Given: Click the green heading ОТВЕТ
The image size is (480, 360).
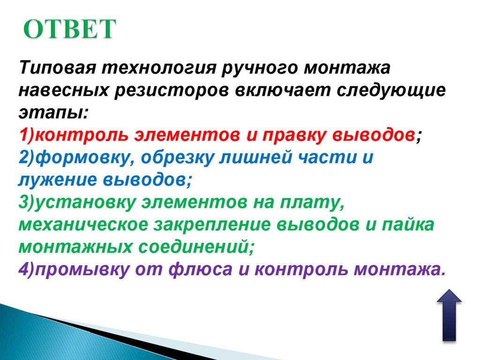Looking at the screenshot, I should pyautogui.click(x=69, y=30).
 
